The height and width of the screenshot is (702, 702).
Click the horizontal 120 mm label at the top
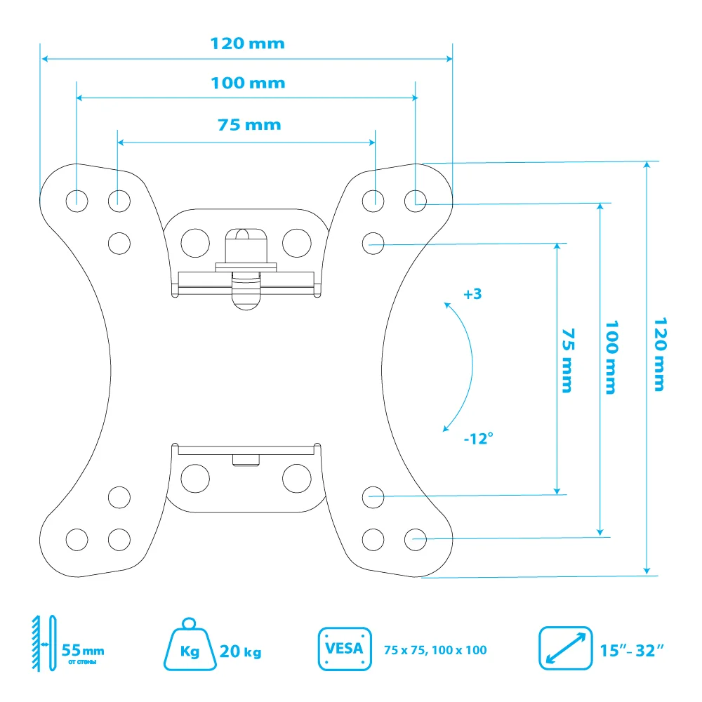point(248,44)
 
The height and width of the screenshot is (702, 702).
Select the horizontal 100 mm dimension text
point(248,84)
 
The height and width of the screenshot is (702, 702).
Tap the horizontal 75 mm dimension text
point(249,125)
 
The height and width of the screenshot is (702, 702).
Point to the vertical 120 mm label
point(659,354)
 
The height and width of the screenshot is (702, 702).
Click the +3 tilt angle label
point(472,294)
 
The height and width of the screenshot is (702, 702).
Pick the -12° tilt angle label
point(478,438)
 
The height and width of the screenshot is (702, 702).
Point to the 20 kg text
point(240,652)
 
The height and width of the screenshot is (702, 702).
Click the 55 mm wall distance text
point(83,649)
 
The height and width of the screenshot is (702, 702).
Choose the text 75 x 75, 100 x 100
point(435,651)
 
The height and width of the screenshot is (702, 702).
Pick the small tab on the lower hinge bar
point(245,459)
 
